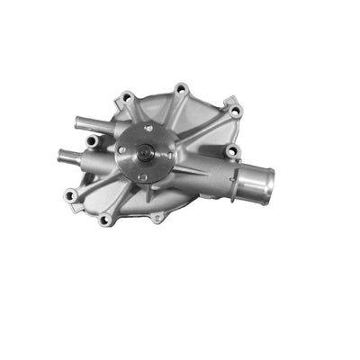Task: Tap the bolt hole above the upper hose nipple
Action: coord(126,96)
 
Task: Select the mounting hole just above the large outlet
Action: coord(231,150)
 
